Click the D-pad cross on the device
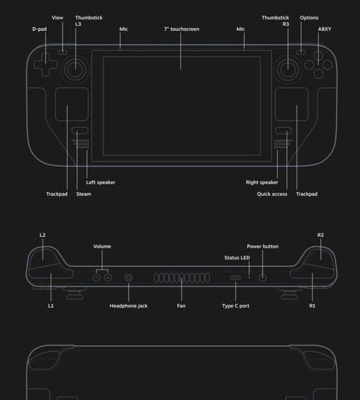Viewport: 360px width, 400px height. point(45,64)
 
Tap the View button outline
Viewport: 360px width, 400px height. point(63,52)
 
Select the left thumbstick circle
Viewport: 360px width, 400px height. point(76,69)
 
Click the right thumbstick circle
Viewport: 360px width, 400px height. point(288,69)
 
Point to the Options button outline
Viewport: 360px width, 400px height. point(301,52)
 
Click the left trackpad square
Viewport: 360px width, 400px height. point(72,104)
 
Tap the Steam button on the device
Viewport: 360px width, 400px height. point(80,130)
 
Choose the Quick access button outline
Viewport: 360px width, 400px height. point(283,130)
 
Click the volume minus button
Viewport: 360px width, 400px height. point(96,277)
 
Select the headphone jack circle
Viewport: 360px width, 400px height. point(129,277)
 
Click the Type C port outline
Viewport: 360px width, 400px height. point(235,277)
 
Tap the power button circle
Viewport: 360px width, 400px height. point(262,277)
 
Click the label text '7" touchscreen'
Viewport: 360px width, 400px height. point(181,29)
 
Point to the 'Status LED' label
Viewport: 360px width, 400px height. point(237,257)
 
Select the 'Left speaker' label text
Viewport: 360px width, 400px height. point(101,182)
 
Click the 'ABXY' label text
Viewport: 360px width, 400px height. point(324,29)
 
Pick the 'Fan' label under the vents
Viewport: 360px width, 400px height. point(181,306)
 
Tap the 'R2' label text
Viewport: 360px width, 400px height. point(320,235)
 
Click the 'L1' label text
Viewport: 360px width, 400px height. point(51,306)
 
